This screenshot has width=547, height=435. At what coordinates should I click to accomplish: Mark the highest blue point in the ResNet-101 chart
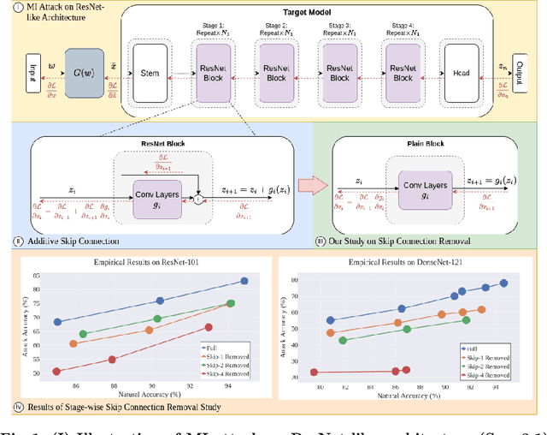click(244, 280)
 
